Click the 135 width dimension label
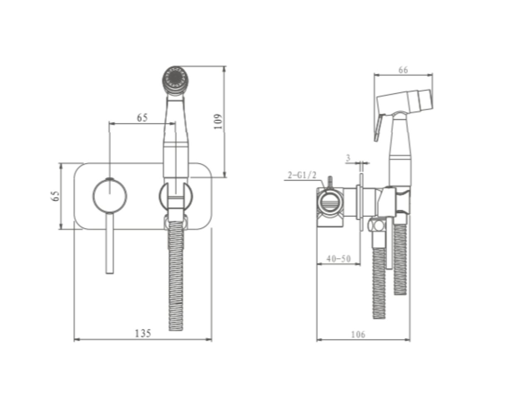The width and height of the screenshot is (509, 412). (x=143, y=334)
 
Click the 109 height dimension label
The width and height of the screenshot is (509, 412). (x=218, y=121)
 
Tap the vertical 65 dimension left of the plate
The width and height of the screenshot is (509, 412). (x=56, y=196)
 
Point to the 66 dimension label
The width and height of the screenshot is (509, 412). (x=403, y=70)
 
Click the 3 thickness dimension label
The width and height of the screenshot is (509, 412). (x=348, y=158)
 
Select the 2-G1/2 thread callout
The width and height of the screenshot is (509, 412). (x=302, y=175)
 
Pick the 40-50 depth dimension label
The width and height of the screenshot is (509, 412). (x=339, y=259)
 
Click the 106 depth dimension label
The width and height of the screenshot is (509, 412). (x=358, y=334)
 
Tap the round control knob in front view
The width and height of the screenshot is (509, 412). (x=110, y=196)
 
